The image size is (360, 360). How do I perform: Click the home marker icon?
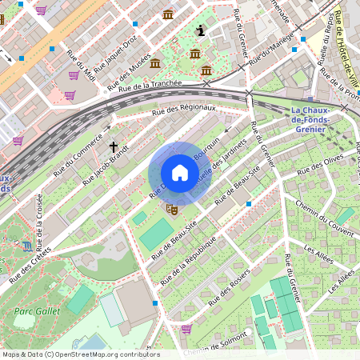[180, 173]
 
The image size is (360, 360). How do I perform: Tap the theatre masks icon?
[170, 209]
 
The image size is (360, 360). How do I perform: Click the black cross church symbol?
[114, 147]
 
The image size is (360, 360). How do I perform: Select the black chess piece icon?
[200, 30]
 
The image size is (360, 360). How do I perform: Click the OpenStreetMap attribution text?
[80, 354]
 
